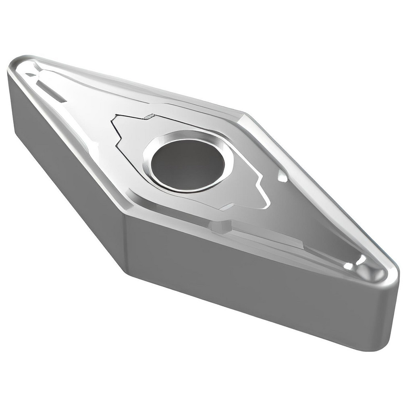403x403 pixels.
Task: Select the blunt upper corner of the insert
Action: pyautogui.click(x=243, y=115)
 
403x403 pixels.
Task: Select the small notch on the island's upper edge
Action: pyautogui.click(x=149, y=117)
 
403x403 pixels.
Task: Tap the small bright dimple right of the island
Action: pyautogui.click(x=283, y=177)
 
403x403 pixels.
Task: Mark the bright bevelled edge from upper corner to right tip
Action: pyautogui.click(x=318, y=189)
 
